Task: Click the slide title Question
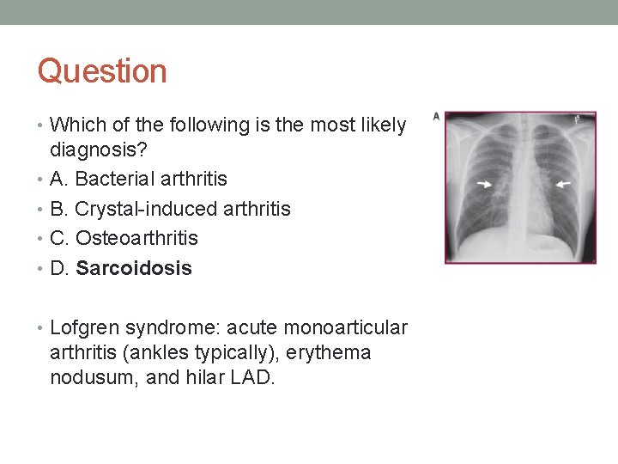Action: pos(102,71)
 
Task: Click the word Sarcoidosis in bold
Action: pos(134,268)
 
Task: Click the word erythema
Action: pos(330,353)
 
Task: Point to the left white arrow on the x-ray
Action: pos(484,183)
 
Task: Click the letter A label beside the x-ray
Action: pos(436,116)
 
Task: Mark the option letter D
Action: pos(58,268)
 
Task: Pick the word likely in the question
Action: pos(379,125)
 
